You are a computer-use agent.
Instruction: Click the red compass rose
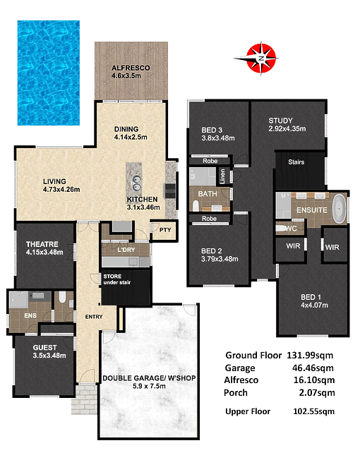click(x=261, y=58)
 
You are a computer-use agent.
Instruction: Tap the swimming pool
click(x=49, y=73)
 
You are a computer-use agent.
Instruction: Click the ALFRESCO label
click(x=131, y=68)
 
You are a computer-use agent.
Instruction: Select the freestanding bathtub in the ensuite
click(x=340, y=208)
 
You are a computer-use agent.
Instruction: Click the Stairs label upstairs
click(x=296, y=162)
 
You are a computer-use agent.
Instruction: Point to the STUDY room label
click(x=280, y=121)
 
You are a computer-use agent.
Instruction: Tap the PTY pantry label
click(x=165, y=230)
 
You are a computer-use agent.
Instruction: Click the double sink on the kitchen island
click(x=136, y=183)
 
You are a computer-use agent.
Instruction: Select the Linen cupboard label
click(x=222, y=176)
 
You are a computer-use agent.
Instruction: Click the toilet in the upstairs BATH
click(x=196, y=205)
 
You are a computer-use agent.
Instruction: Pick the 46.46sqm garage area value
click(x=313, y=368)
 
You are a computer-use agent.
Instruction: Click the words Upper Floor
click(x=248, y=411)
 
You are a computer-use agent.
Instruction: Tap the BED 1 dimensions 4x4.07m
click(x=314, y=305)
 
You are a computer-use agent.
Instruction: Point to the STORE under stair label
click(x=116, y=279)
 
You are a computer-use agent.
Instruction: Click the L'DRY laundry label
click(x=126, y=250)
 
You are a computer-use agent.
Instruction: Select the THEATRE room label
click(x=42, y=244)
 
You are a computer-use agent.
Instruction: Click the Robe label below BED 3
click(x=210, y=161)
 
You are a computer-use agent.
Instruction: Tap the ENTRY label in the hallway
click(x=94, y=317)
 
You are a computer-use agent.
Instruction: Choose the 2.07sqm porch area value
click(x=317, y=392)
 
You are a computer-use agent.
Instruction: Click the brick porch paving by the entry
click(x=84, y=399)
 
